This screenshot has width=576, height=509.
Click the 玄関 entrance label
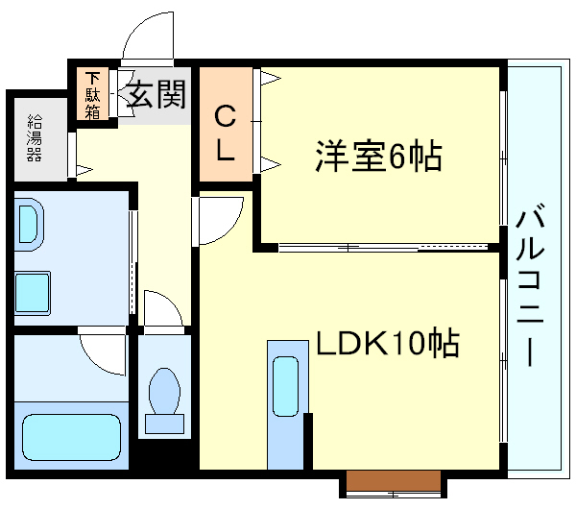(x=156, y=96)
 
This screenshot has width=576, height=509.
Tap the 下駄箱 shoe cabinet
(x=92, y=93)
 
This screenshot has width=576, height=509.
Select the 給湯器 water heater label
(x=35, y=136)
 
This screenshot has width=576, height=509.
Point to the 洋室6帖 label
(x=378, y=156)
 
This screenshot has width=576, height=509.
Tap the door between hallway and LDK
(x=219, y=220)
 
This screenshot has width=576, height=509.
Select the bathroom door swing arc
(x=104, y=353)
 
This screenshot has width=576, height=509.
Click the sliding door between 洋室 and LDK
(x=379, y=248)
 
